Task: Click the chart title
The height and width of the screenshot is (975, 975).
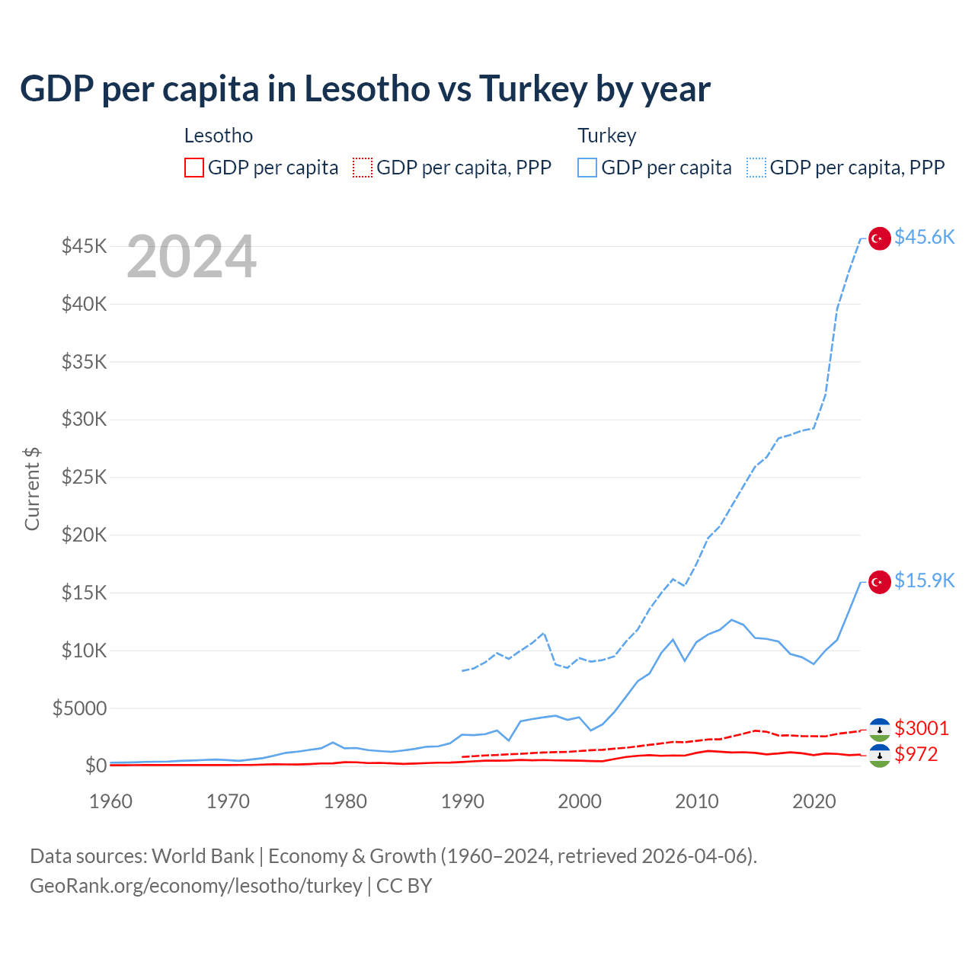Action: (365, 89)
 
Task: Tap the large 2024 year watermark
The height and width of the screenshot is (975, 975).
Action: (191, 257)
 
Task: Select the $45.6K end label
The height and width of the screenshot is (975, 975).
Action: (924, 238)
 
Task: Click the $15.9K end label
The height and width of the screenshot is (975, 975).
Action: (924, 581)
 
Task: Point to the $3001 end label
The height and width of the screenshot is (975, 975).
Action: (922, 728)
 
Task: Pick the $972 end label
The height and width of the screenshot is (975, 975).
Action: (916, 754)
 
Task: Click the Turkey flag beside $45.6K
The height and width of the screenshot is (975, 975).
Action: (880, 238)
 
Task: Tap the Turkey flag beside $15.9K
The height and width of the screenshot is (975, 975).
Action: (880, 582)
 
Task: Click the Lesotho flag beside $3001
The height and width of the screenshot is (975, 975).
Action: (880, 729)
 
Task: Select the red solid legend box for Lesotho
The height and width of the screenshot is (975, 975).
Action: (194, 168)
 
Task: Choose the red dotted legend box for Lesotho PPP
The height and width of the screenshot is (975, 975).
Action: (363, 168)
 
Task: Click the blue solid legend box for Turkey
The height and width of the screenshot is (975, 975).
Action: (587, 168)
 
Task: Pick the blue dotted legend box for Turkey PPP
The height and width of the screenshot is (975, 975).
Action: (756, 168)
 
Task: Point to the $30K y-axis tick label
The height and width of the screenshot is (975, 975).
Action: (84, 420)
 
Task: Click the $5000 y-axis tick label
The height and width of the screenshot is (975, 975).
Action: (79, 709)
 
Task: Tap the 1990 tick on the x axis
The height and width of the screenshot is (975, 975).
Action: (462, 801)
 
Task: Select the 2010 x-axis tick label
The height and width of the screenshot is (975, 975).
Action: (697, 801)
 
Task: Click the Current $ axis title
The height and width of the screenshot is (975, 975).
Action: (32, 488)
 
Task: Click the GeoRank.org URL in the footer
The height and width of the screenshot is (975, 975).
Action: (196, 886)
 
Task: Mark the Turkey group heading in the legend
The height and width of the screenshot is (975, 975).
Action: (606, 136)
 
